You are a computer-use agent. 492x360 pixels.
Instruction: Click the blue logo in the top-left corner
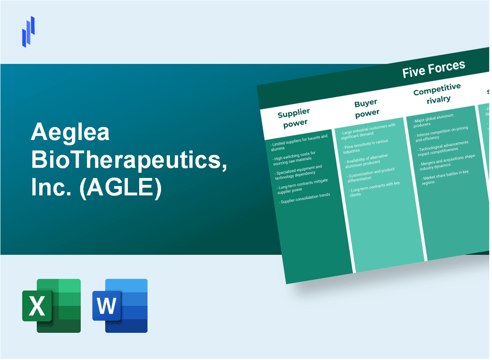pos(28,31)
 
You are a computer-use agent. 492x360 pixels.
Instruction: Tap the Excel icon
pos(51,306)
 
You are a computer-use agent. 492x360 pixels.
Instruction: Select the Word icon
pos(120,306)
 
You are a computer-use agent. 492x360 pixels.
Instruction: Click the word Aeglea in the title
pos(70,133)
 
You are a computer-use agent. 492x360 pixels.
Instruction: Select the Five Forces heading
pos(433,68)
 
